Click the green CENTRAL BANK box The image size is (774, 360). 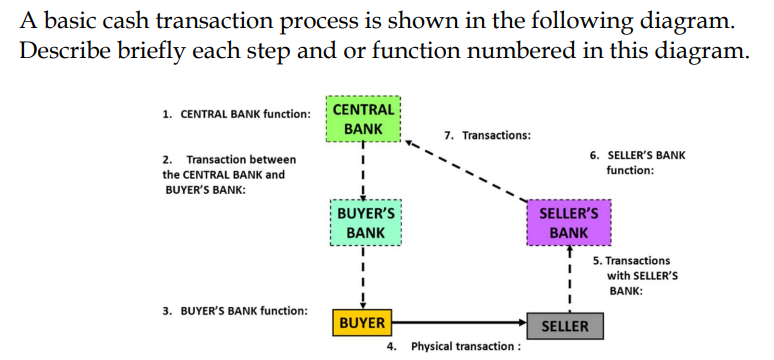pyautogui.click(x=364, y=118)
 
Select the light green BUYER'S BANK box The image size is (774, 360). pyautogui.click(x=366, y=223)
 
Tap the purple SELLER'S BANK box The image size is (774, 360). pyautogui.click(x=568, y=223)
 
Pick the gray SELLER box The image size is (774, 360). pyautogui.click(x=565, y=326)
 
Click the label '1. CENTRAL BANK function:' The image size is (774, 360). pyautogui.click(x=236, y=114)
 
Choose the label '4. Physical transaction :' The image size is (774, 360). pyautogui.click(x=453, y=346)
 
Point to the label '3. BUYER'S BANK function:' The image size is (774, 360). pyautogui.click(x=235, y=311)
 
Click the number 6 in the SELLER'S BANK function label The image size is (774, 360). pyautogui.click(x=593, y=155)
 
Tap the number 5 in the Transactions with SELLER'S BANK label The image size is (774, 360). pyautogui.click(x=596, y=260)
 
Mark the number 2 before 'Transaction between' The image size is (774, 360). pyautogui.click(x=166, y=159)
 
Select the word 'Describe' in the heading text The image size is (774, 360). pyautogui.click(x=61, y=51)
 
